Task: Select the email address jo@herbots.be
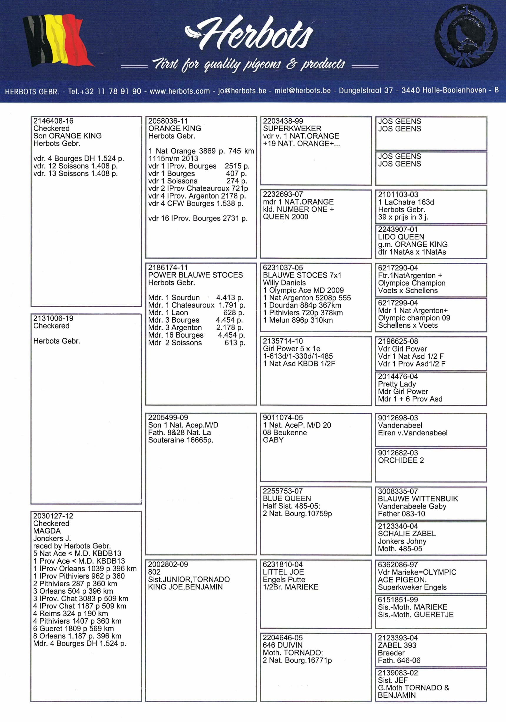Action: pos(242,91)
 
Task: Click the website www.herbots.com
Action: pos(179,91)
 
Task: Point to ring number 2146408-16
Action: pos(54,121)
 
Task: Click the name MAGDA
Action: pos(47,531)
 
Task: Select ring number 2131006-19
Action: pos(54,318)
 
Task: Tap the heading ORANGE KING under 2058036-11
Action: pos(175,128)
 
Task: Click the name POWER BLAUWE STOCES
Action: pos(195,275)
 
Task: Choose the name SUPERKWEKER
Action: pos(292,128)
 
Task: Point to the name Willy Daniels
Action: pos(284,282)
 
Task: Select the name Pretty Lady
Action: pos(397,384)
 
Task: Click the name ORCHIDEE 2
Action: pos(401,460)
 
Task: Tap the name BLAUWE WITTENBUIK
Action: pos(418,499)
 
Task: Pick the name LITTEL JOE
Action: pos(283,572)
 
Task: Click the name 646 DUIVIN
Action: pos(282,645)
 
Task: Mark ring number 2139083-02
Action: pos(398,673)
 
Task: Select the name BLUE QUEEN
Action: pos(287,498)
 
